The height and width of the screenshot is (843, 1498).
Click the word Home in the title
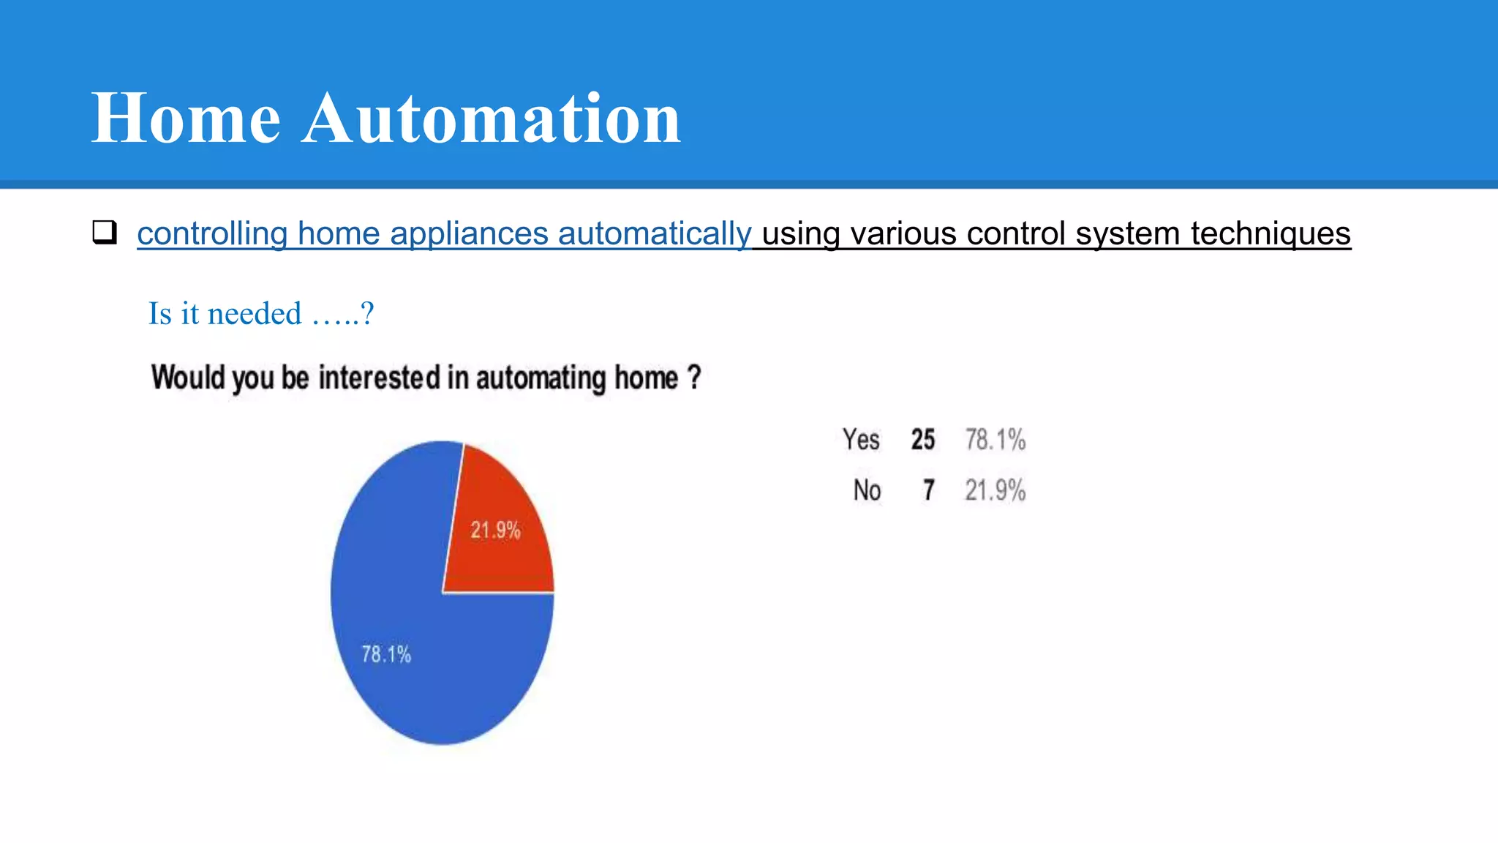[x=186, y=119]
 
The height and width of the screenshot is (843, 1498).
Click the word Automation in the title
[x=492, y=119]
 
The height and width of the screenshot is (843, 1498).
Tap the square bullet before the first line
[x=105, y=233]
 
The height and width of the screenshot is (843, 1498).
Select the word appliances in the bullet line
[x=469, y=234]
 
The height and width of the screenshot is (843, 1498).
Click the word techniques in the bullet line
[x=1271, y=234]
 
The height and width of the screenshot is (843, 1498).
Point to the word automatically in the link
[x=655, y=234]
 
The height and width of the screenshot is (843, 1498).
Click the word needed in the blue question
[x=255, y=314]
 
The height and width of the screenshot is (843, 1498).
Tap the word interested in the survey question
[x=380, y=378]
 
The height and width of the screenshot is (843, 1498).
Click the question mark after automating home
[x=693, y=378]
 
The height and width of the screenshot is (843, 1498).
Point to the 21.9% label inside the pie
[x=495, y=530]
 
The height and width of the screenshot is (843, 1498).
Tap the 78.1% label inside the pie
[x=386, y=654]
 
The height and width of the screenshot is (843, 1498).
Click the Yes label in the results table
[x=861, y=440]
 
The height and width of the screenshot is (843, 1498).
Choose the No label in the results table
[x=867, y=490]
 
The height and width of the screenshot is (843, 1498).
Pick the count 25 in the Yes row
[x=923, y=440]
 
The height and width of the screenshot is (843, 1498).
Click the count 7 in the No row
[x=928, y=490]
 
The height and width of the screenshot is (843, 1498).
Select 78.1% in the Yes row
[x=995, y=440]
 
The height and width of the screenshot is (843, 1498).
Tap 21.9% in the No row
[x=995, y=490]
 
